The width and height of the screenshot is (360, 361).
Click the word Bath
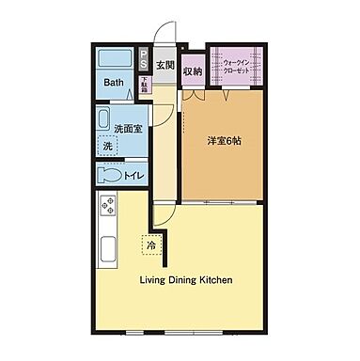[114, 83]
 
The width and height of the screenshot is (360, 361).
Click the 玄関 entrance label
[165, 65]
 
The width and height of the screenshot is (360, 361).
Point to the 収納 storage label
[193, 70]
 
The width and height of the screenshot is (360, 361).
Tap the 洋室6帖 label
[226, 142]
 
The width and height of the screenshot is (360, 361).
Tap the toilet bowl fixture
[108, 176]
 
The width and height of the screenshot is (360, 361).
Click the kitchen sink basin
[105, 251]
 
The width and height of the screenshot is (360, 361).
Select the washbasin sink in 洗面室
[104, 118]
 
